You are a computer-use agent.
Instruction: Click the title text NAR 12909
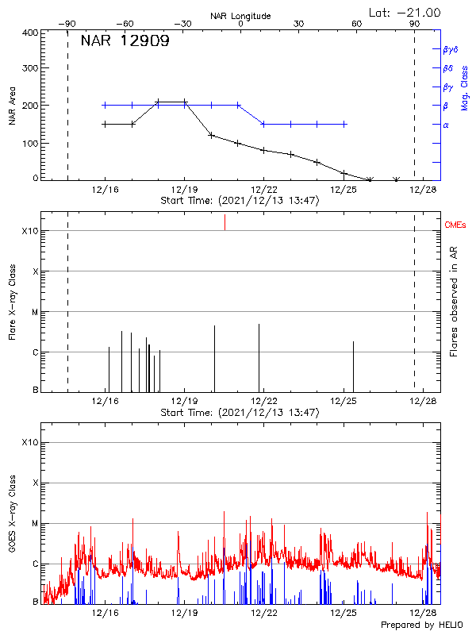(x=125, y=41)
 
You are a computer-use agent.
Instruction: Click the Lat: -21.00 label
(x=405, y=12)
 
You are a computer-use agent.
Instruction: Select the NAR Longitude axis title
(x=240, y=15)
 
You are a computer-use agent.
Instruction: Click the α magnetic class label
(x=445, y=125)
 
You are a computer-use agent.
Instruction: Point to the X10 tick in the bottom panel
(x=30, y=442)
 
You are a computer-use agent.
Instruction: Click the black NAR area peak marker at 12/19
(x=185, y=102)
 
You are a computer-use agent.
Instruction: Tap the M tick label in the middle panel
(x=34, y=312)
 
